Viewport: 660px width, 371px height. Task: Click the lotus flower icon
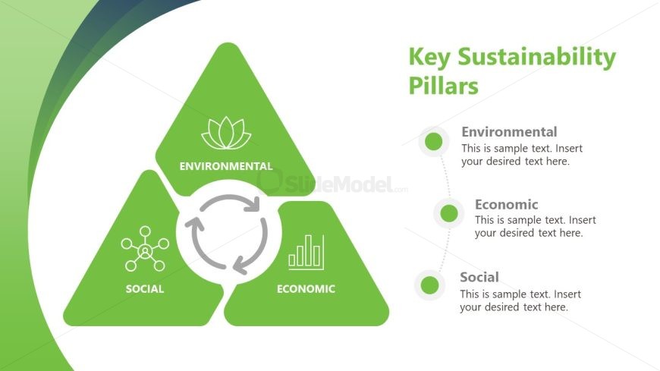pyautogui.click(x=226, y=134)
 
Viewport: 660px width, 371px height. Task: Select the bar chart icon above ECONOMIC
pyautogui.click(x=306, y=252)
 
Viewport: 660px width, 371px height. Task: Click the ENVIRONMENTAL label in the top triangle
pyautogui.click(x=225, y=166)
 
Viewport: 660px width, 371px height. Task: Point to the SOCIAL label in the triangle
pyautogui.click(x=145, y=289)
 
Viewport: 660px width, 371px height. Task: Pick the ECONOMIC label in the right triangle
pyautogui.click(x=306, y=289)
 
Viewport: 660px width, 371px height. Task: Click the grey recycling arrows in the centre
pyautogui.click(x=226, y=234)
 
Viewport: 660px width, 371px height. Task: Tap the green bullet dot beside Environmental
pyautogui.click(x=434, y=141)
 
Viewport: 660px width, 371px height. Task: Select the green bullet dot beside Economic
pyautogui.click(x=448, y=213)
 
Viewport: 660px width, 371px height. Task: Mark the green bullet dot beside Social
pyautogui.click(x=430, y=285)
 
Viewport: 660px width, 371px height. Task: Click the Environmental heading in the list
pyautogui.click(x=509, y=132)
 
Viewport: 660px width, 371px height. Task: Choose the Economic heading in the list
pyautogui.click(x=506, y=204)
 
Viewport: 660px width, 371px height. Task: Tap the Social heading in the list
pyautogui.click(x=479, y=277)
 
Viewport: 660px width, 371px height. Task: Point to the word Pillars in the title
pyautogui.click(x=444, y=86)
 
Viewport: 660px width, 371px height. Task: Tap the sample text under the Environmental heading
pyautogui.click(x=521, y=155)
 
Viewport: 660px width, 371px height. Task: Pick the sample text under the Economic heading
pyautogui.click(x=535, y=227)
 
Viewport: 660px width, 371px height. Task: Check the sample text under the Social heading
pyautogui.click(x=520, y=300)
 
